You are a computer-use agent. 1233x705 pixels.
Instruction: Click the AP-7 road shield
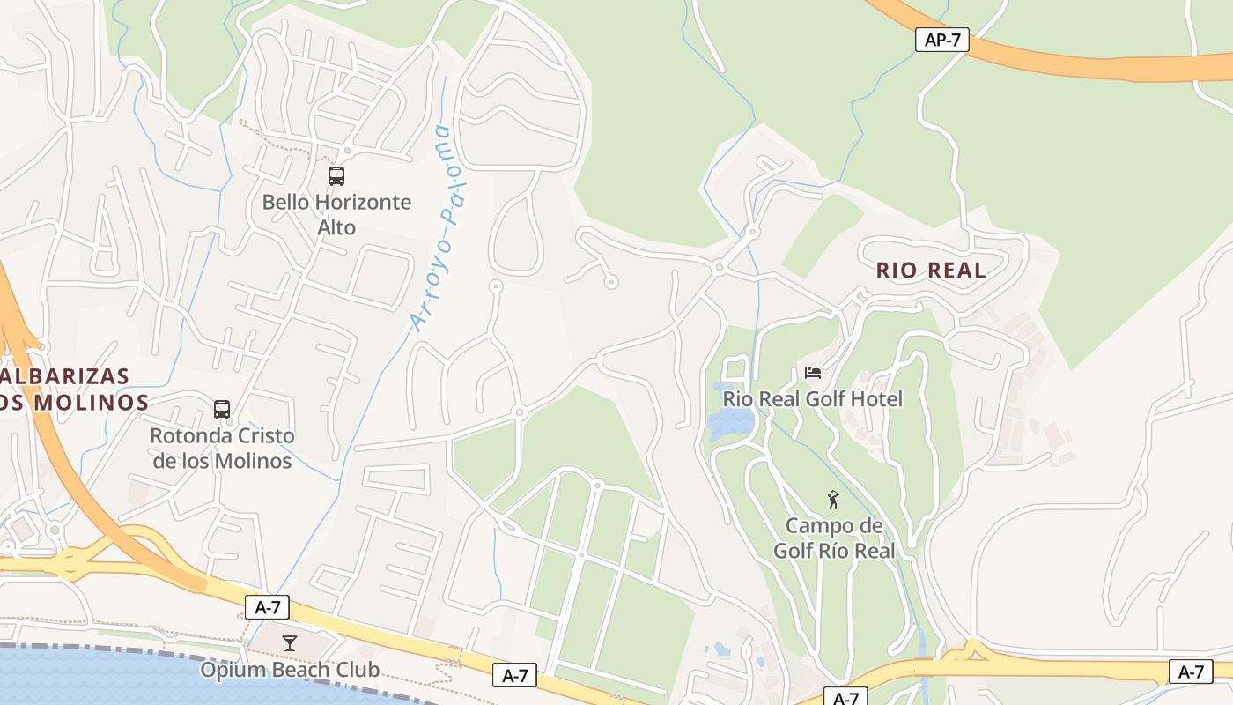(x=941, y=40)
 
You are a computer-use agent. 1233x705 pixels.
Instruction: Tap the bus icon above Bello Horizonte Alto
(x=336, y=175)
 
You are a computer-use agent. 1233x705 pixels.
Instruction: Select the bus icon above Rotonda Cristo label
(x=222, y=410)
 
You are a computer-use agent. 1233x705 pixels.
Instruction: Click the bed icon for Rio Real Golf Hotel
(x=812, y=373)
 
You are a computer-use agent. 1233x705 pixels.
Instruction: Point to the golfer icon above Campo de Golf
(x=833, y=500)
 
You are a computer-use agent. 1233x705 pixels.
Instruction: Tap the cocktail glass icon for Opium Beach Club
(x=289, y=642)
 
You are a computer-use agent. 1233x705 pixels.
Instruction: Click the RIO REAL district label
(x=931, y=271)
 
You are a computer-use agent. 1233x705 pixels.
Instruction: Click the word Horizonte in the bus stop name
(x=363, y=203)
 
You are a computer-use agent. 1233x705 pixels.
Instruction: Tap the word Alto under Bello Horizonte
(x=336, y=227)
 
